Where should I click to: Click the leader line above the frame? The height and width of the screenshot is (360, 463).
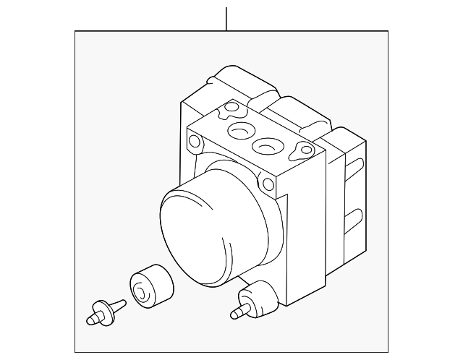coord(226,18)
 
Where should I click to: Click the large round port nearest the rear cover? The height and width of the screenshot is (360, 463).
coord(239,131)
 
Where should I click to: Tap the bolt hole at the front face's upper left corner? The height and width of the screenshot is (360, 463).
coord(194,139)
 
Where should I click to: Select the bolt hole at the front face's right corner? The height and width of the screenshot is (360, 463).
coord(268,184)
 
